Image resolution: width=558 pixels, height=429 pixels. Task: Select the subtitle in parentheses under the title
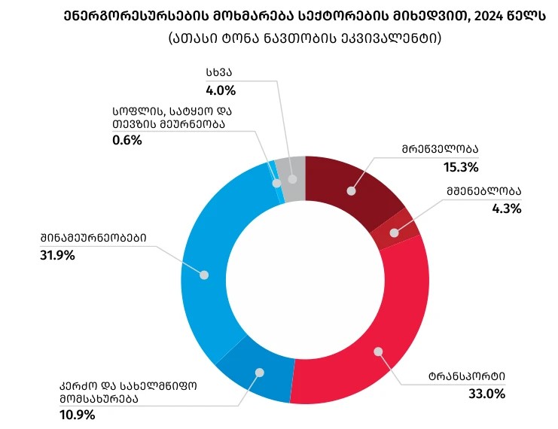(x=305, y=38)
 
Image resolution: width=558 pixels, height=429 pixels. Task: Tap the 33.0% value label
(x=488, y=393)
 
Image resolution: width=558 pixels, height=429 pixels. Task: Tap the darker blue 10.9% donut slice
(x=256, y=376)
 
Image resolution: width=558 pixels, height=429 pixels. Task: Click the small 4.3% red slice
(x=395, y=229)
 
